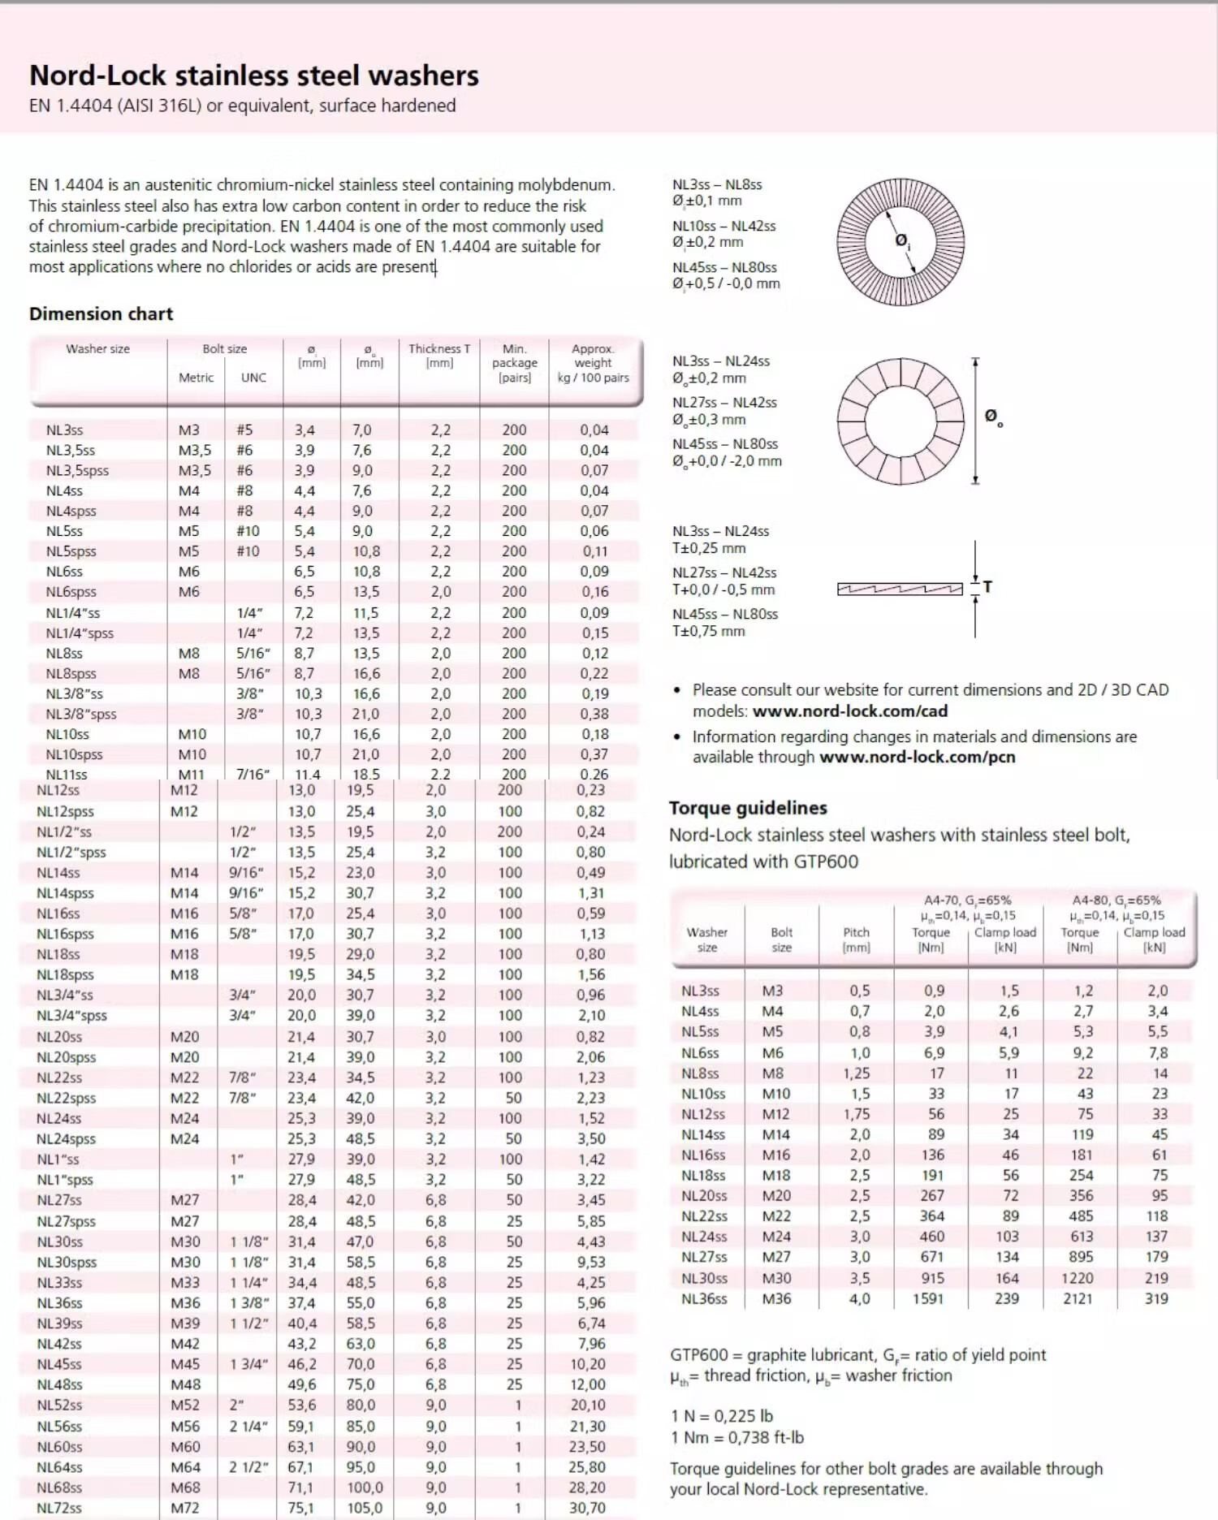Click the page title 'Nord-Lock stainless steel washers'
(x=253, y=76)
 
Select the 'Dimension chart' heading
(x=101, y=313)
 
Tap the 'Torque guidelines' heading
(x=748, y=808)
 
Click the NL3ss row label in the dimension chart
(x=64, y=430)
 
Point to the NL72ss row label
(x=59, y=1508)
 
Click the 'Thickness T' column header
(x=439, y=349)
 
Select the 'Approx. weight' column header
(x=593, y=362)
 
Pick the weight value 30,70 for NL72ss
(x=587, y=1508)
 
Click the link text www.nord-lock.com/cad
(x=850, y=710)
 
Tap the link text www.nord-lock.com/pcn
(x=918, y=757)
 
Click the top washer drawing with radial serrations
(x=901, y=242)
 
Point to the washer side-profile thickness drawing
(x=900, y=589)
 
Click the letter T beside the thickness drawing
(x=987, y=586)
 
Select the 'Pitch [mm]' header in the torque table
(x=856, y=939)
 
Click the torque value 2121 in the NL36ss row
(x=1078, y=1298)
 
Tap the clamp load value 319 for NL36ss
(x=1156, y=1298)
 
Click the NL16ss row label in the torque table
(x=703, y=1155)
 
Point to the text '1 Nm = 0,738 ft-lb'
(x=737, y=1437)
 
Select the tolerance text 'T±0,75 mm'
(x=708, y=631)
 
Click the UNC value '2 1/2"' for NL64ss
(x=244, y=1467)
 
